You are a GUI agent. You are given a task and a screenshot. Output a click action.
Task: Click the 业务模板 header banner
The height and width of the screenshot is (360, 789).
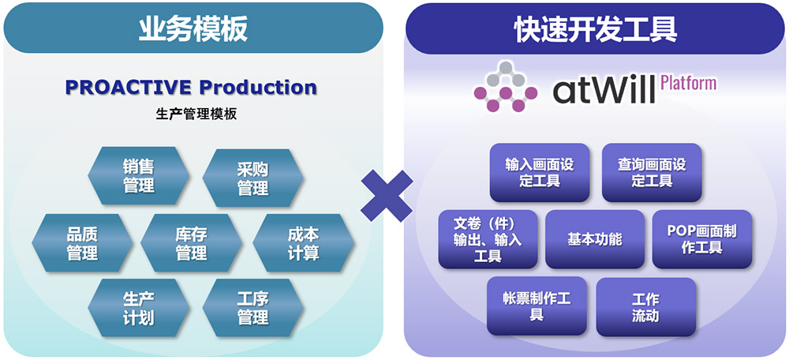[193, 28]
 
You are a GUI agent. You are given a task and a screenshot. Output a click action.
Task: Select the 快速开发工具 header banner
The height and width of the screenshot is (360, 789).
[595, 28]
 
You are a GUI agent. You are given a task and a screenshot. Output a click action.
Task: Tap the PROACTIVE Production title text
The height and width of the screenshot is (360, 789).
[191, 87]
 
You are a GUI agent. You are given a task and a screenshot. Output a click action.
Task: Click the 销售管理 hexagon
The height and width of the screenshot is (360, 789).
[139, 176]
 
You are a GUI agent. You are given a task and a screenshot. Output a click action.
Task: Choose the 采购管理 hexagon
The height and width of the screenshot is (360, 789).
[252, 178]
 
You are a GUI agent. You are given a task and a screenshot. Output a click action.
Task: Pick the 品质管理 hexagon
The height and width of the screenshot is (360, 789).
[82, 242]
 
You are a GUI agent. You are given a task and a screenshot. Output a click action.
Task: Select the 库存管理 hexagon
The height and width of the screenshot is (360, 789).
[191, 242]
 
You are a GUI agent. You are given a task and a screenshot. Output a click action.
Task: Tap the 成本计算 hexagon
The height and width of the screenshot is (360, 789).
[304, 242]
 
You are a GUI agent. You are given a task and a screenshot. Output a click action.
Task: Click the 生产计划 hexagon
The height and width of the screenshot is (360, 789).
[139, 308]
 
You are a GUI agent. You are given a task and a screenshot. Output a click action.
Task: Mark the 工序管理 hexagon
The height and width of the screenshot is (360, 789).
[252, 308]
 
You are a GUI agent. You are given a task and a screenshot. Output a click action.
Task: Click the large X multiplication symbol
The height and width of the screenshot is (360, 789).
[387, 196]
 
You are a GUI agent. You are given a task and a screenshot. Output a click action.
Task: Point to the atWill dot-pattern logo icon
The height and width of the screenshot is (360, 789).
[506, 86]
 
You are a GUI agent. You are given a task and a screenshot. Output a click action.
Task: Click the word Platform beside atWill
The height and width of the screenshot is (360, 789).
[688, 82]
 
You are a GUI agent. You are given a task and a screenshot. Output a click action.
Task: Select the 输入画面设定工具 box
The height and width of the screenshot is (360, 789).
[540, 173]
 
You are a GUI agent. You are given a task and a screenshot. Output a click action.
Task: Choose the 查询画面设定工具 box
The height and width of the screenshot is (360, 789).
[652, 173]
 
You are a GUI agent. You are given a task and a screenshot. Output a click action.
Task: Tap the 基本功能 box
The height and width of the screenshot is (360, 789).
[595, 239]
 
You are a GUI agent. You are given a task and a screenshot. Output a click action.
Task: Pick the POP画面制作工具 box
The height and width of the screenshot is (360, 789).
[702, 239]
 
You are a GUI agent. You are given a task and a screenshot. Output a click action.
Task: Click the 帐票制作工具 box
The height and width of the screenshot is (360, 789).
[537, 306]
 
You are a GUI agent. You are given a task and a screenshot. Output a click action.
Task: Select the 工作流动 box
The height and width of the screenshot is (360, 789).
[646, 306]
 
